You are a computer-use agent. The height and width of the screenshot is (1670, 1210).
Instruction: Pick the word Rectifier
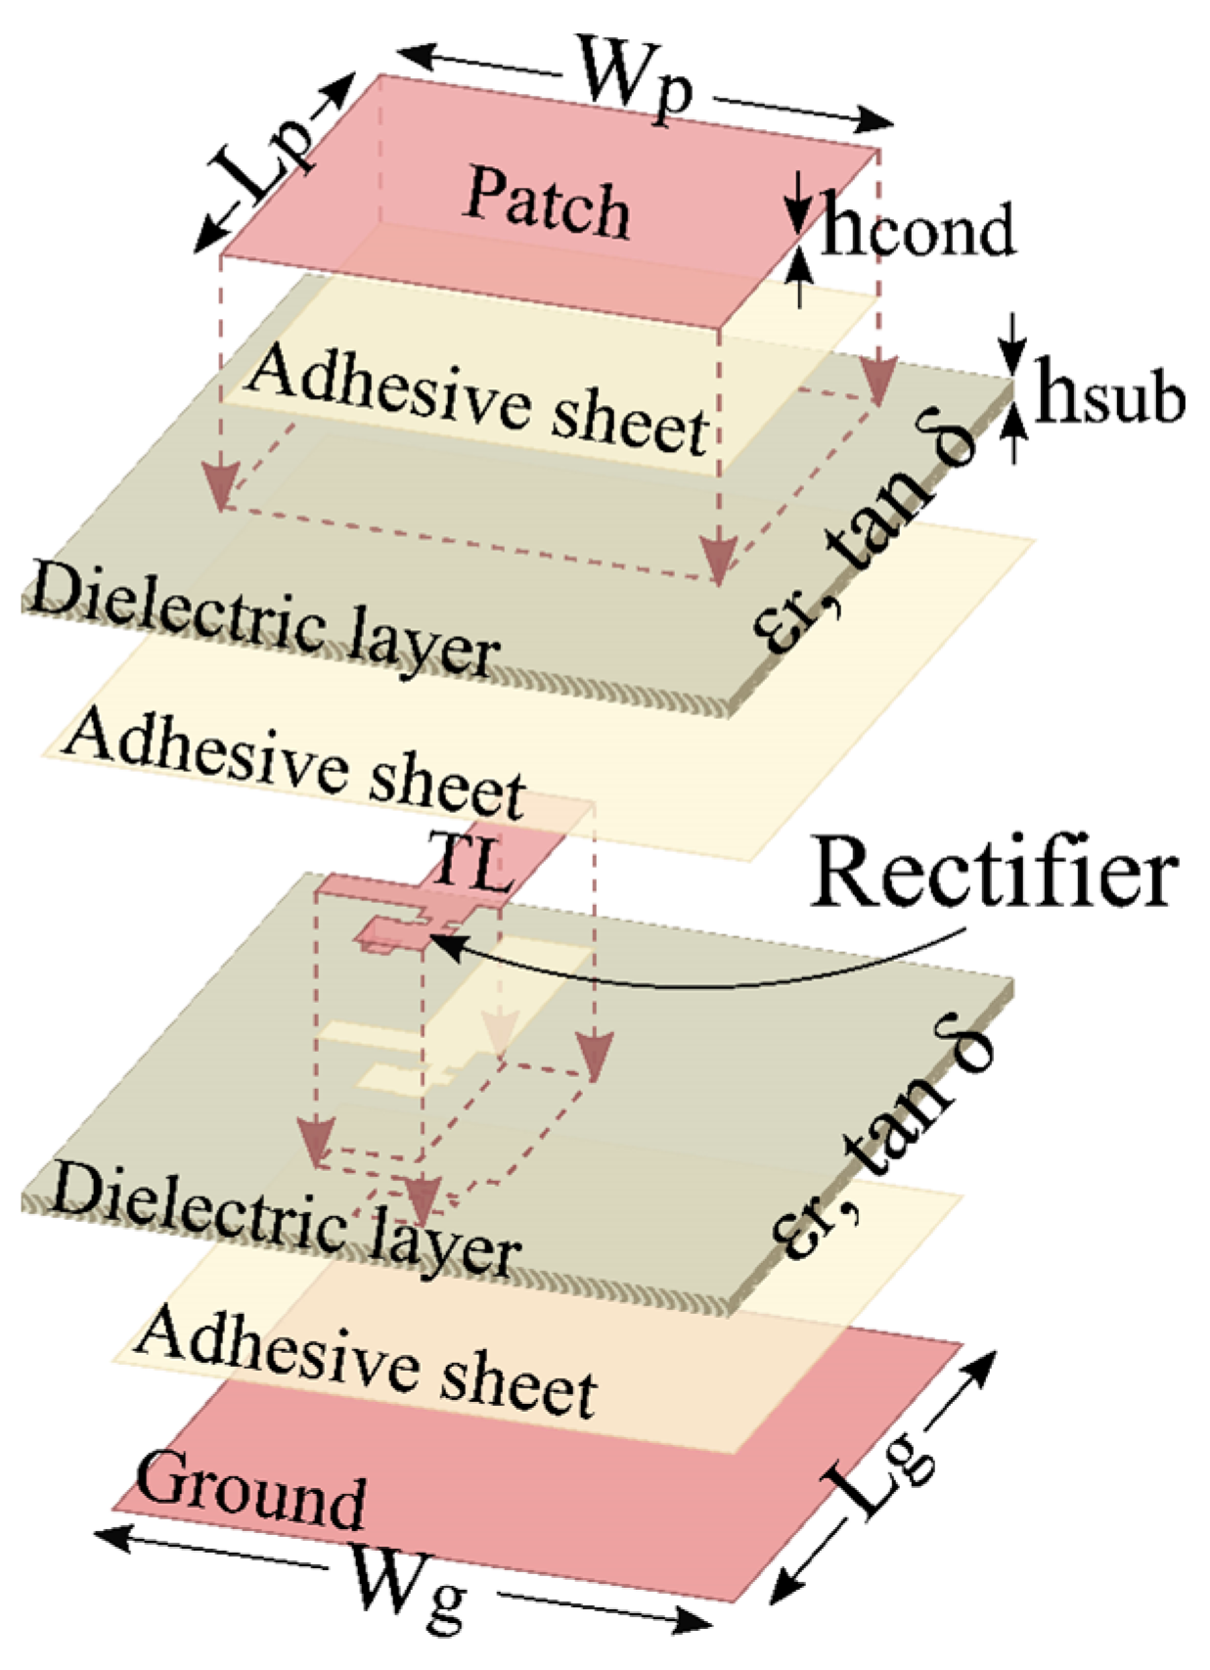click(994, 874)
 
